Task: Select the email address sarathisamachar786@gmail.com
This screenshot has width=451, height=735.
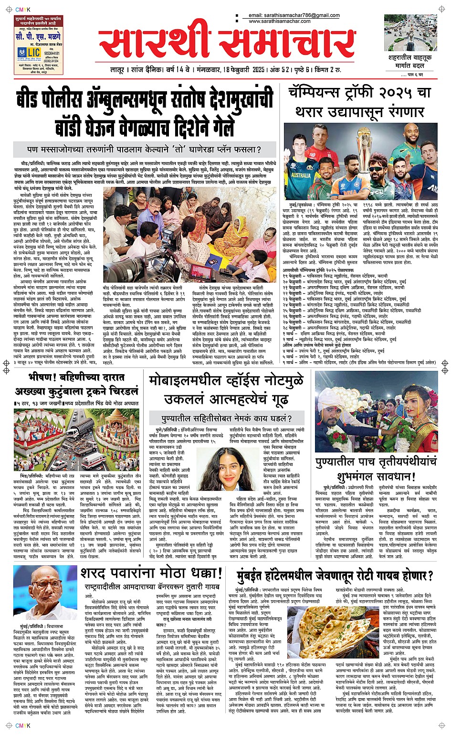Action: tap(300, 15)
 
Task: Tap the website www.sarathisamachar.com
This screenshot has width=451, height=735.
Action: tap(280, 21)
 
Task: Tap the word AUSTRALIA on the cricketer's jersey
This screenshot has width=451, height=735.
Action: tap(301, 175)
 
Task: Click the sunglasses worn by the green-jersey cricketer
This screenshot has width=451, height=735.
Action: tap(376, 169)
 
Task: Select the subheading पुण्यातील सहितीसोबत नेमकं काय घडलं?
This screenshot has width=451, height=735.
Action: tap(226, 419)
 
